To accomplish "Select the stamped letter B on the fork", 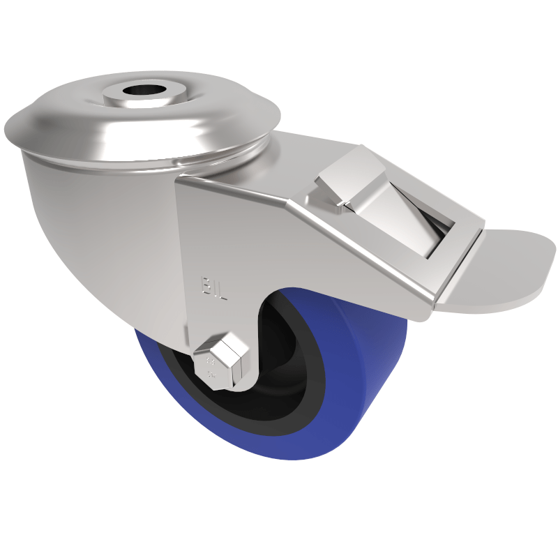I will pyautogui.click(x=207, y=285).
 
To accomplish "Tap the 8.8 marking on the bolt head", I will pyautogui.click(x=211, y=367).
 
